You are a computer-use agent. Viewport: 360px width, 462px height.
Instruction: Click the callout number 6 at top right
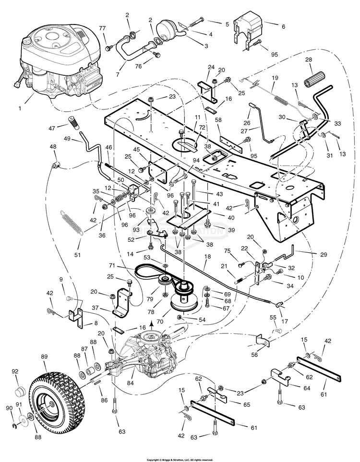[x=283, y=26]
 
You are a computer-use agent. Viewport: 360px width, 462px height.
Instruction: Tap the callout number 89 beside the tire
[x=44, y=357]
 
